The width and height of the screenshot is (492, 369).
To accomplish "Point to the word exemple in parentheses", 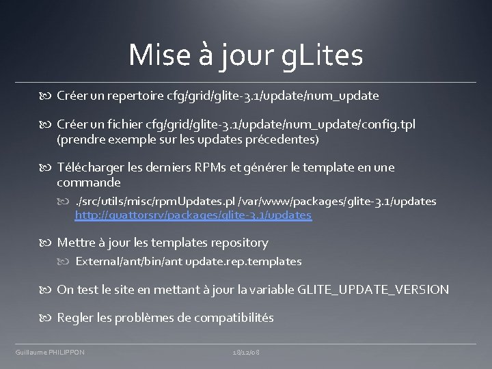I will (x=130, y=140).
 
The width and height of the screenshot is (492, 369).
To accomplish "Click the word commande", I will (x=89, y=183).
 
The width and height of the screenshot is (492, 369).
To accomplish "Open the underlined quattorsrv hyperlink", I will (x=193, y=215).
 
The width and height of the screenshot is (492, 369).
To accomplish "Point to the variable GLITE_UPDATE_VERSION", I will (x=374, y=290).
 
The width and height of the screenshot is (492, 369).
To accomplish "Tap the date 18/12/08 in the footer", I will (x=246, y=352).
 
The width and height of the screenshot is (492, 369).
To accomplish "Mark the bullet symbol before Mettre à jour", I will (x=49, y=243).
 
